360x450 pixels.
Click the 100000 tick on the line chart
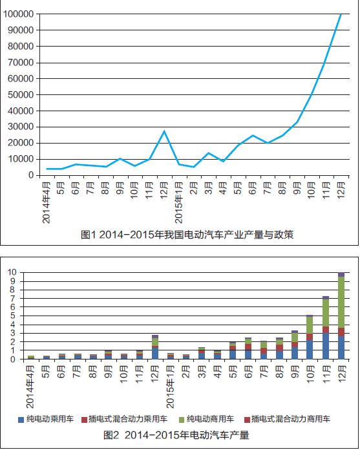[18, 14]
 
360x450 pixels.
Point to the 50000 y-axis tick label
[21, 94]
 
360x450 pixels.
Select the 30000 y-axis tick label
[21, 127]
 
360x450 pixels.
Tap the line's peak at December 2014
[164, 131]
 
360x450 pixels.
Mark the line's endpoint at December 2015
[341, 14]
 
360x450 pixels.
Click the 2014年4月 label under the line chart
[46, 202]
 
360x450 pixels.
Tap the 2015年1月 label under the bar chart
[170, 387]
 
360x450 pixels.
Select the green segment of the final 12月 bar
[341, 302]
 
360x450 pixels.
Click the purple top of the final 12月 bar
[341, 274]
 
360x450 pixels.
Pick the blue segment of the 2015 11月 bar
[326, 346]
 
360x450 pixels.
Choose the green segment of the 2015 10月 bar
[310, 325]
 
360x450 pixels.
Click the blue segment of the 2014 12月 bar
[155, 354]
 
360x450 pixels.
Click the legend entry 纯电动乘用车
[46, 420]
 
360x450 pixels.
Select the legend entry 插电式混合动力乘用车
[125, 420]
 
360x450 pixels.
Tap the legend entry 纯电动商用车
[207, 420]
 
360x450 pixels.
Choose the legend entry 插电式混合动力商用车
[287, 420]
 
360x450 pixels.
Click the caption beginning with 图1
[187, 235]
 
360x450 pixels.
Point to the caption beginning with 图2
[176, 435]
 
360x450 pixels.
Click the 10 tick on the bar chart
[12, 272]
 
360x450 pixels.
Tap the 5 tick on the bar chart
[12, 316]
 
